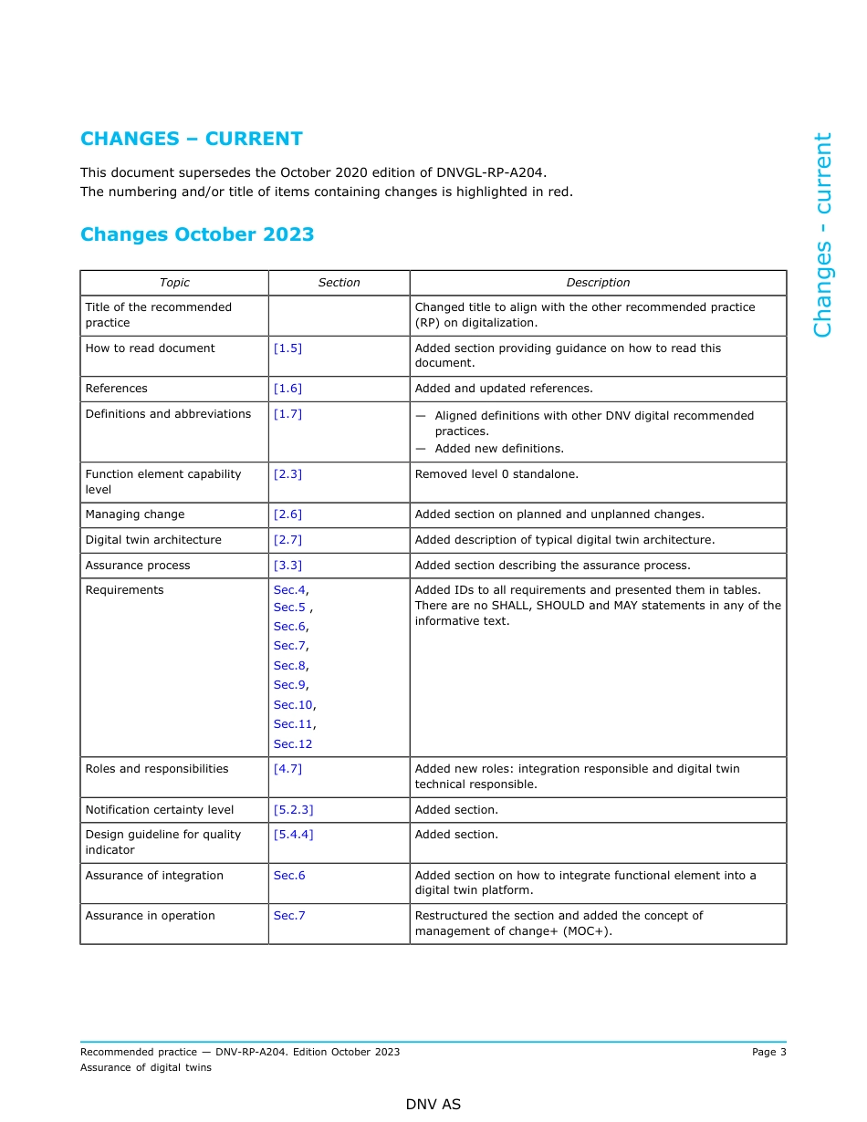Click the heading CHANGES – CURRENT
(192, 139)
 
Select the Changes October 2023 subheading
(197, 234)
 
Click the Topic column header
(174, 283)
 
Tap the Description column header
(598, 283)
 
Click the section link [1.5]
(287, 348)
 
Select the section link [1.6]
(287, 389)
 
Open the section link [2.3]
(287, 474)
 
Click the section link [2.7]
(287, 540)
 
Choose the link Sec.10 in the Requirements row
(293, 705)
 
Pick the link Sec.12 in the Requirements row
(293, 744)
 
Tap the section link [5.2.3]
(293, 810)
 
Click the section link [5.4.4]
(293, 835)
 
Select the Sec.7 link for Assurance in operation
(289, 916)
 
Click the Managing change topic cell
(135, 514)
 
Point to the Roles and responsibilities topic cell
(157, 769)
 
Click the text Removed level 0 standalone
(496, 474)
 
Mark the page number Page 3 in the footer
(768, 1052)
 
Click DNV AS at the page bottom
(433, 1105)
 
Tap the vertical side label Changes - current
(822, 235)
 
